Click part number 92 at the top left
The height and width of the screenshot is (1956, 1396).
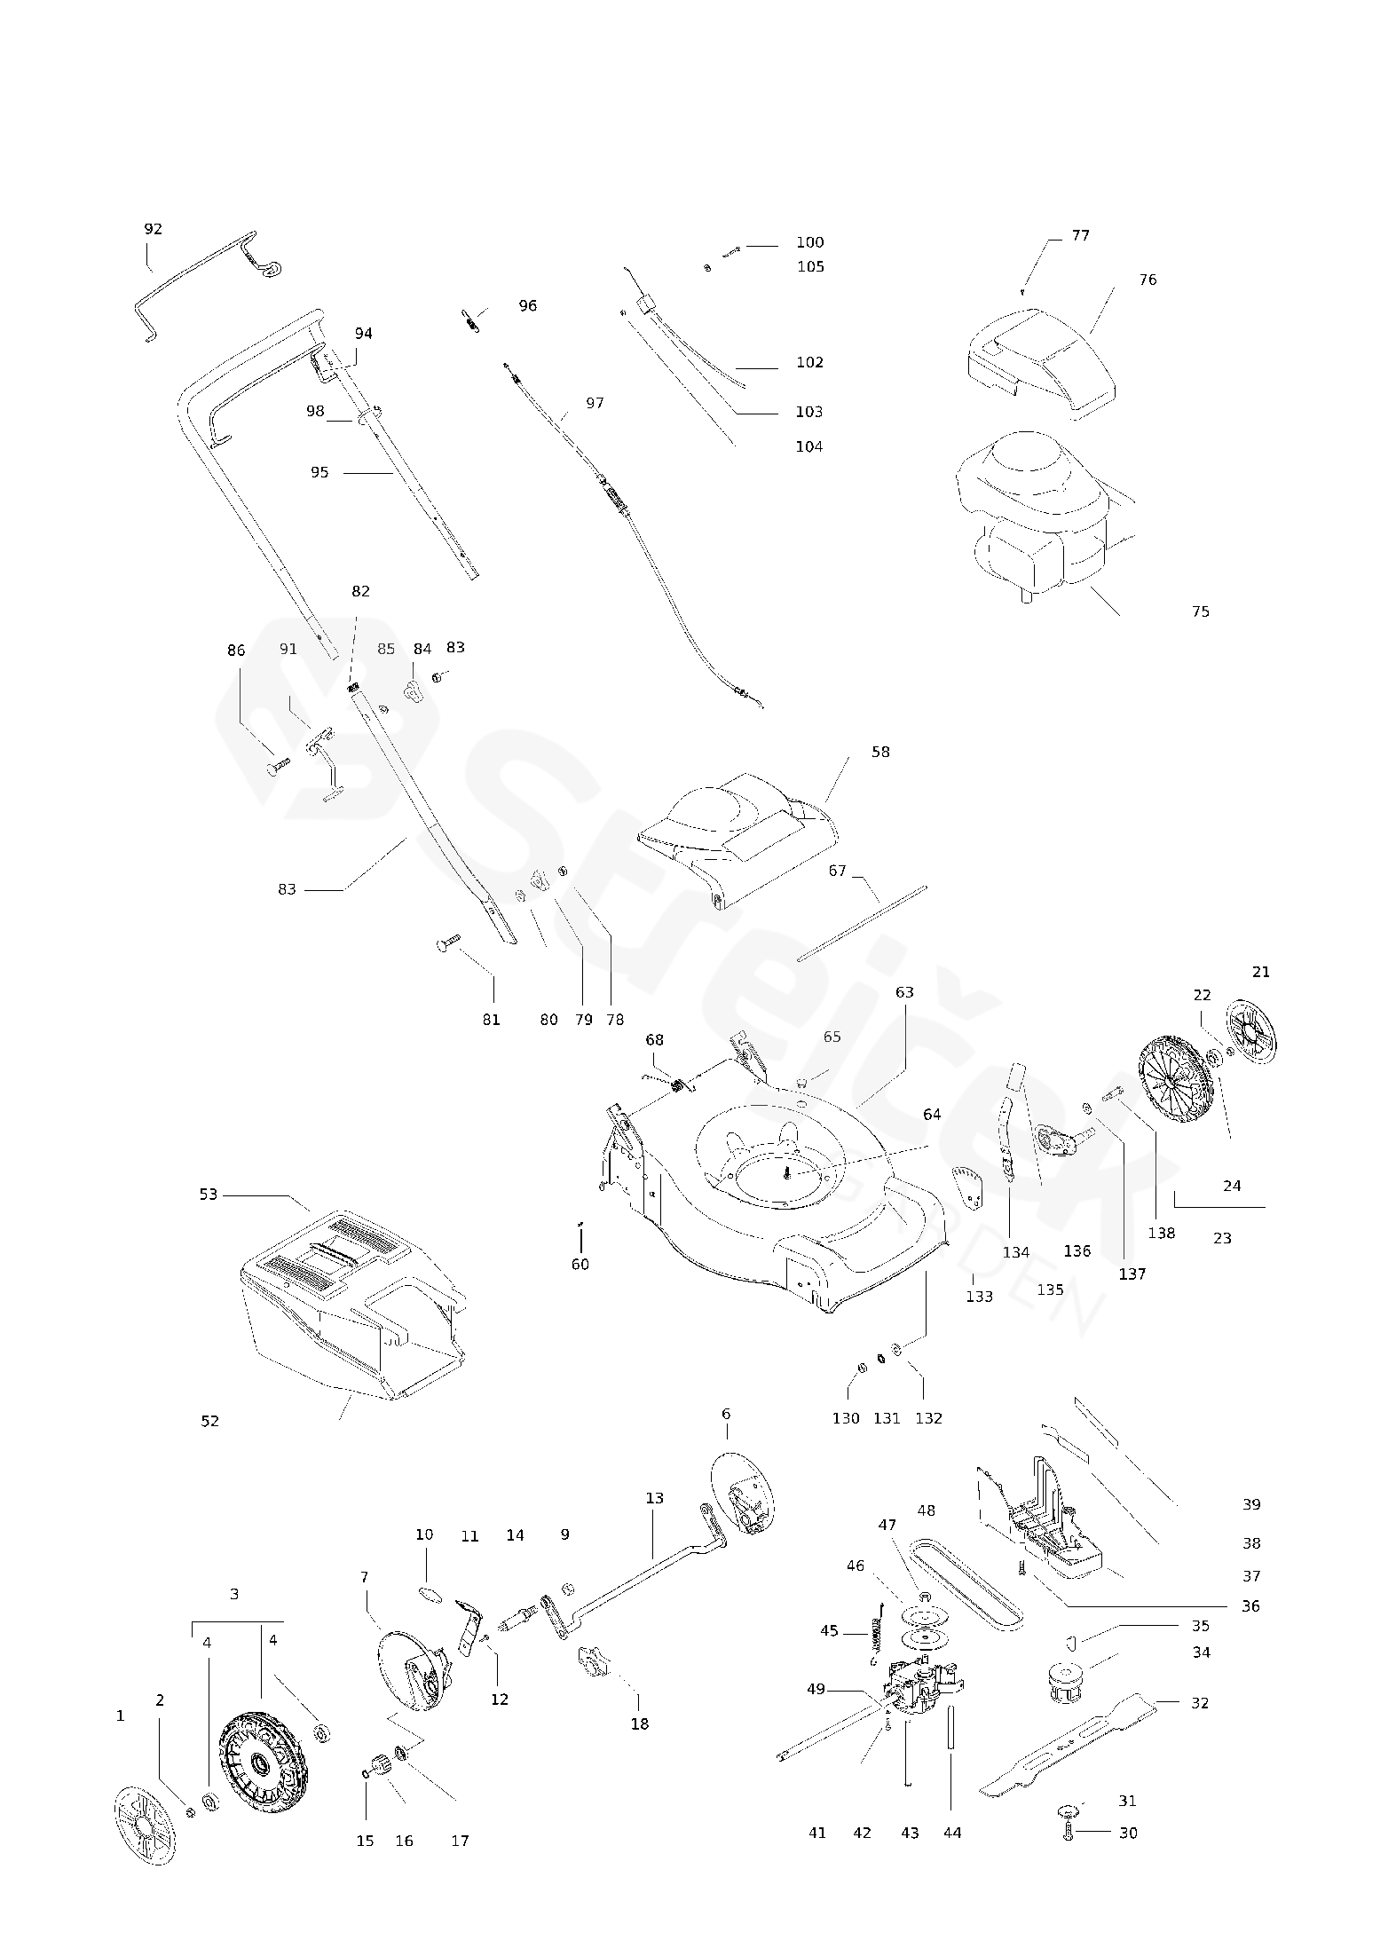click(x=154, y=229)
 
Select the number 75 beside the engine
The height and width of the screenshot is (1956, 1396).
click(x=1201, y=611)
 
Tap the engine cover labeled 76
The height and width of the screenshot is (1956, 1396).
click(x=1038, y=360)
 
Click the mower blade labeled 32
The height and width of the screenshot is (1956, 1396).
click(x=1069, y=1743)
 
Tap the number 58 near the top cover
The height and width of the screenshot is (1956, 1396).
click(x=880, y=752)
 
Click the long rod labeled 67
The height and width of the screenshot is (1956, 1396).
click(x=862, y=922)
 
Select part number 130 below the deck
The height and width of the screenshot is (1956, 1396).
click(x=846, y=1418)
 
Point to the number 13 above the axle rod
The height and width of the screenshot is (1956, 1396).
click(x=654, y=1498)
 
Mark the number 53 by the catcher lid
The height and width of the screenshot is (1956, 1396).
click(x=208, y=1195)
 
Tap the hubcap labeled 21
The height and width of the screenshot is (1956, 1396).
click(x=1249, y=1036)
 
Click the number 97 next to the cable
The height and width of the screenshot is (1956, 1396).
click(x=595, y=403)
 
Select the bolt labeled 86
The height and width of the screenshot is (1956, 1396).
click(x=278, y=764)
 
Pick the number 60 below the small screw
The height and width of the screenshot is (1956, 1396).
click(x=580, y=1264)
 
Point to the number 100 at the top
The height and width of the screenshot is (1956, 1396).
click(x=809, y=242)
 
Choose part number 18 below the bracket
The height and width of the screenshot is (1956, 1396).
click(x=640, y=1723)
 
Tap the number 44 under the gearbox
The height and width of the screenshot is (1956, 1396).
click(x=952, y=1833)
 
